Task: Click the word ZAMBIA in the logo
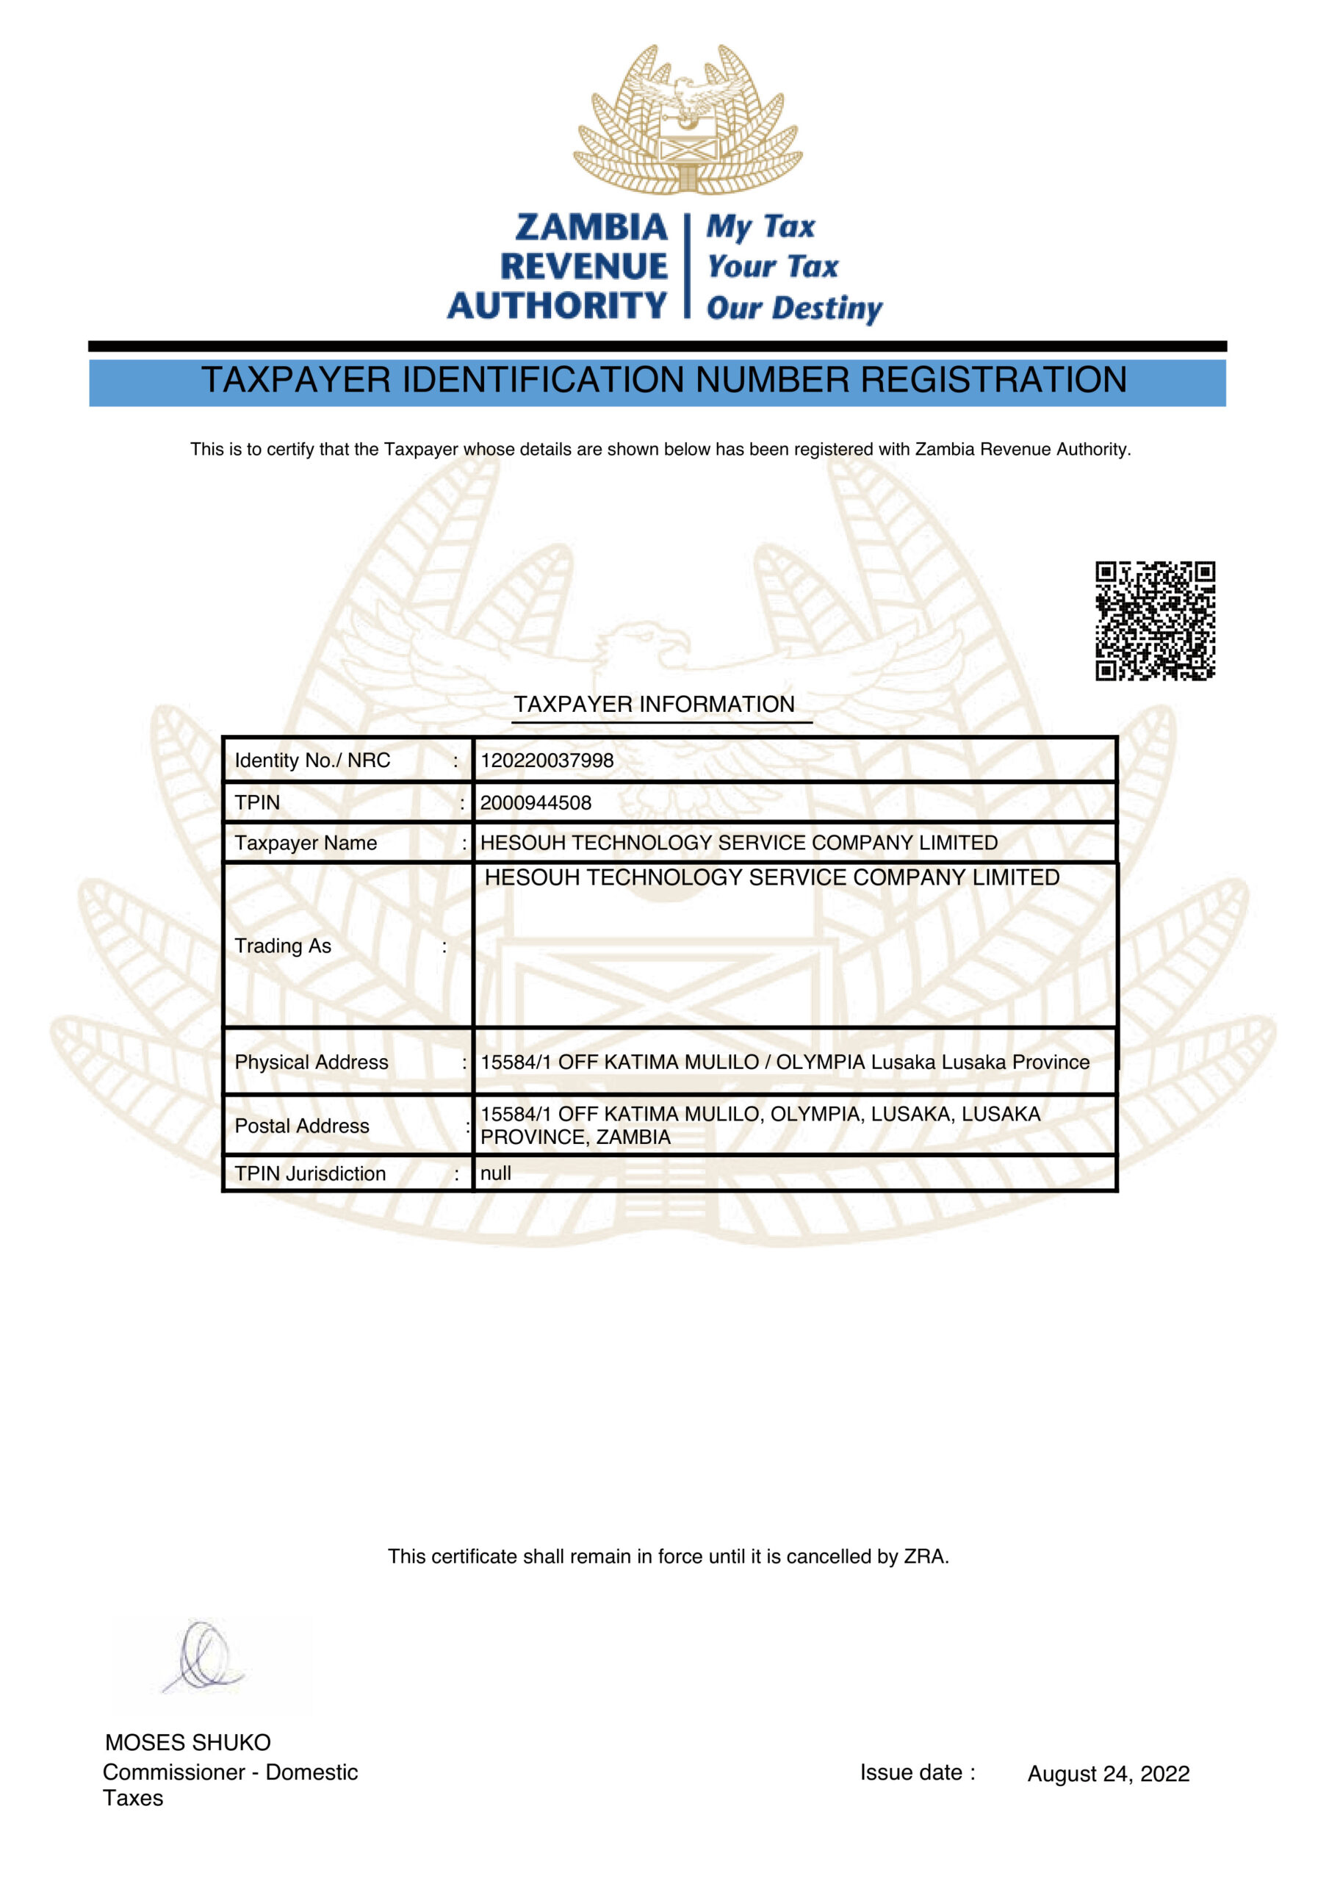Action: tap(591, 227)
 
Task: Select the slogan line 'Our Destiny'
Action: tap(793, 308)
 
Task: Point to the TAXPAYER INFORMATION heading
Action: tap(654, 705)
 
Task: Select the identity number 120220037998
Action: tap(547, 760)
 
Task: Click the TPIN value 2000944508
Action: tap(535, 803)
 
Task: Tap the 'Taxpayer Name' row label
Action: tap(306, 843)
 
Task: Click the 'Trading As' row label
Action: tap(283, 946)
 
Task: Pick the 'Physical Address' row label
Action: tap(311, 1062)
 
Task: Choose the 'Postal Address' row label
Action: tap(301, 1126)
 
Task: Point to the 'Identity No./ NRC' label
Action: tap(312, 760)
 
